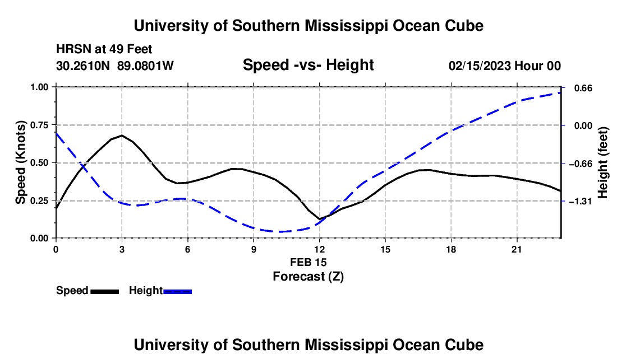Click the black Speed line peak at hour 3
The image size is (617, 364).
pos(122,136)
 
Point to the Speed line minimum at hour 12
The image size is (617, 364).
pos(320,219)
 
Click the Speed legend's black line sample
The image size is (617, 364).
pos(105,291)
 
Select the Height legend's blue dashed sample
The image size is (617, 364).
pos(177,291)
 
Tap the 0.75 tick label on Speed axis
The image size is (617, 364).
pos(39,125)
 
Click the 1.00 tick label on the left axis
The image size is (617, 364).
pos(39,87)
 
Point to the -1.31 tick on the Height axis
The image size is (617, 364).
pos(581,201)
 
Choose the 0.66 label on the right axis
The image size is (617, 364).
pos(583,88)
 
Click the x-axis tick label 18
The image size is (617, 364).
pos(451,249)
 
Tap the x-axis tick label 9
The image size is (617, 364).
pos(254,249)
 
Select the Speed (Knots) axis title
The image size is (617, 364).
pos(20,162)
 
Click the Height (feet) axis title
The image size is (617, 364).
pos(603,162)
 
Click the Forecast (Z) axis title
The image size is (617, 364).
pos(308,277)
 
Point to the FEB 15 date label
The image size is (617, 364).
pos(308,262)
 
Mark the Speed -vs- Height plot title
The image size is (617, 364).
pos(308,65)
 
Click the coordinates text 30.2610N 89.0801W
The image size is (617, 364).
pos(115,66)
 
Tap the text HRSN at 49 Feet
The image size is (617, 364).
pos(104,49)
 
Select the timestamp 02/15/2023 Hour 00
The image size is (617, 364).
pos(505,66)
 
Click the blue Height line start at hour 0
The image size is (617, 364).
pos(56,133)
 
